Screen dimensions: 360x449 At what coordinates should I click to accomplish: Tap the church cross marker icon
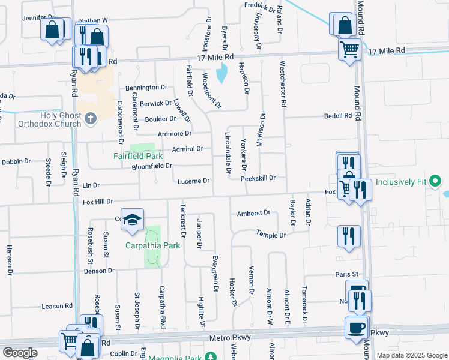[x=91, y=118]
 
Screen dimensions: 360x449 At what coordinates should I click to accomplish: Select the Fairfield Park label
[x=134, y=157]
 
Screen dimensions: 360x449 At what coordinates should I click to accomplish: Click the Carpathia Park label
[x=153, y=245]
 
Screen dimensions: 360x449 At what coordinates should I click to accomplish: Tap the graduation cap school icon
[x=132, y=220]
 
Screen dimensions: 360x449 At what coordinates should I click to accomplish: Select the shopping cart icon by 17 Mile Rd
[x=349, y=49]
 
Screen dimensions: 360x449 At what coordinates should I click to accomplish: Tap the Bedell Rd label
[x=337, y=115]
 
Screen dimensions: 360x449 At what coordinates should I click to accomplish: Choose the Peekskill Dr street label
[x=258, y=178]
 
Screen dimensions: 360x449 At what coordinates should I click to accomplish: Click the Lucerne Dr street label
[x=193, y=181]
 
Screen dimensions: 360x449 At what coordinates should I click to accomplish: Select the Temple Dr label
[x=271, y=234]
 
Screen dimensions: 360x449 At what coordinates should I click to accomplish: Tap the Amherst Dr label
[x=254, y=212]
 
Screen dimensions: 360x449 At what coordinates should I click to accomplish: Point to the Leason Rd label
[x=57, y=306]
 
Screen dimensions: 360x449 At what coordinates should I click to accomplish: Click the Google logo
[x=20, y=352]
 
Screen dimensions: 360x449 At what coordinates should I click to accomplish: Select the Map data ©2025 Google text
[x=411, y=355]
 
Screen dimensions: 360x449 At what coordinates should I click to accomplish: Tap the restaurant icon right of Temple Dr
[x=348, y=235]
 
